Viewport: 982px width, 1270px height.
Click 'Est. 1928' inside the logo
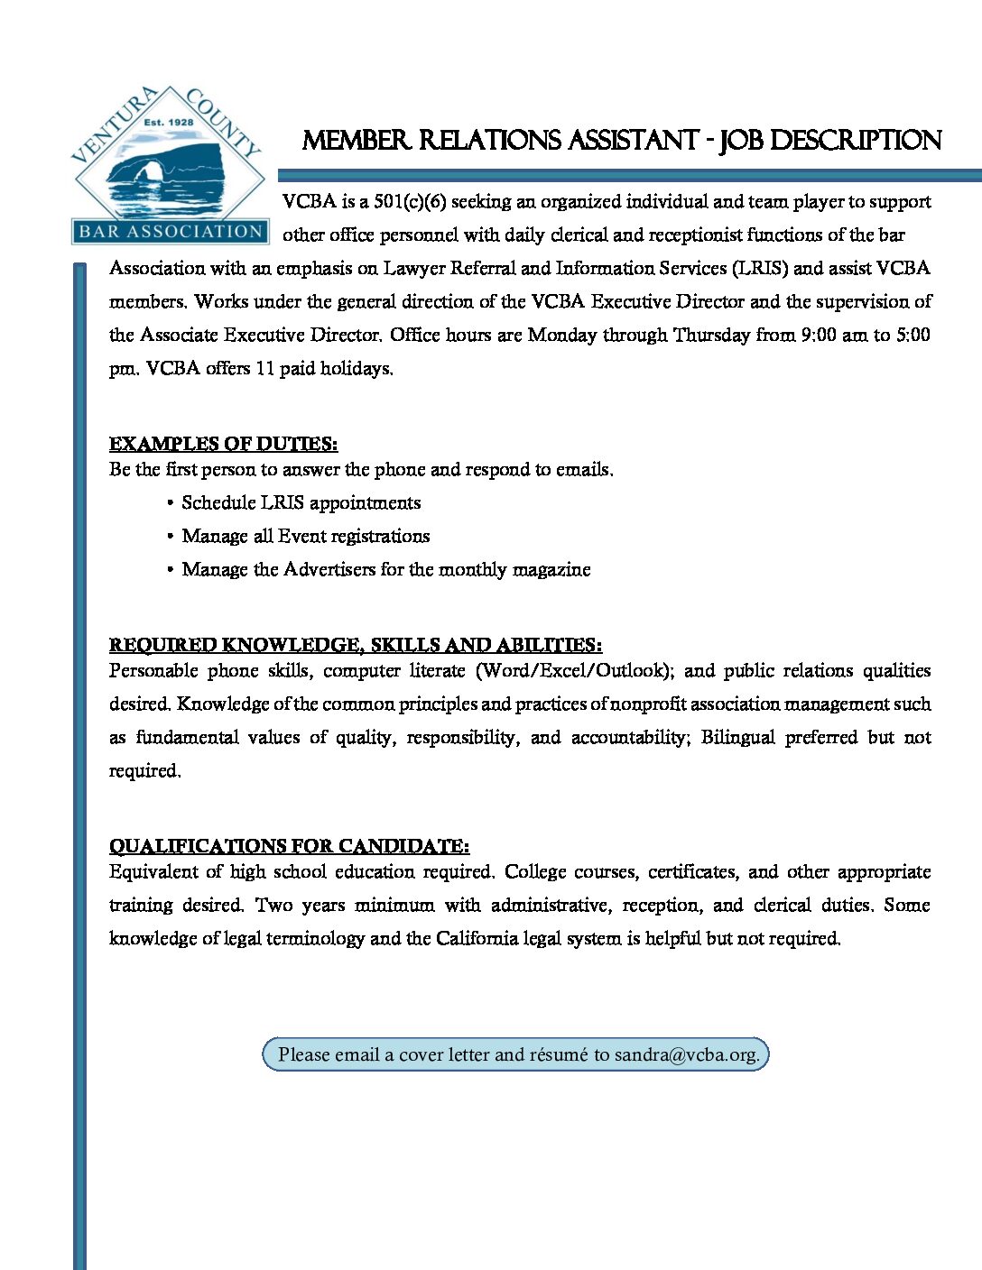tap(169, 122)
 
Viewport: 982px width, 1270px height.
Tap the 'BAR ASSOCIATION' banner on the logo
tap(170, 232)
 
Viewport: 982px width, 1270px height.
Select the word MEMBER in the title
tap(356, 141)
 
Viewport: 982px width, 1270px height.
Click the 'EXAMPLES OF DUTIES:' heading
tap(223, 444)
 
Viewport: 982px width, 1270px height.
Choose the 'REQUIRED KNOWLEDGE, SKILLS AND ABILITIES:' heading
tap(356, 645)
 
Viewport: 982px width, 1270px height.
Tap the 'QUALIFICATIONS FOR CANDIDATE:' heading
tap(289, 846)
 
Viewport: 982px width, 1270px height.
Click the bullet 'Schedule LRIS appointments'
tap(301, 502)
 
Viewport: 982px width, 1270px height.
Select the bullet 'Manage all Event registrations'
tap(305, 536)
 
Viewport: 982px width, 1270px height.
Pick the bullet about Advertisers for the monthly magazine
tap(385, 569)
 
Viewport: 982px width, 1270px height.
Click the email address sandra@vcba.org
tap(686, 1054)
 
